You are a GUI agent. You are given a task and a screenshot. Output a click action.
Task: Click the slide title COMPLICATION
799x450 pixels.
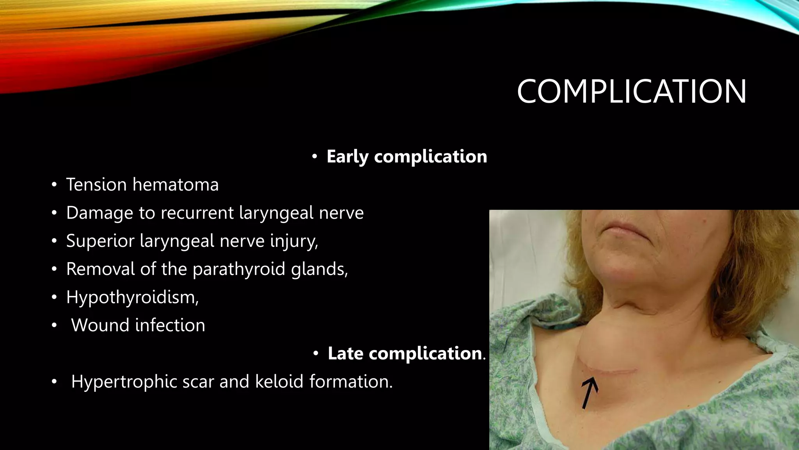[631, 91]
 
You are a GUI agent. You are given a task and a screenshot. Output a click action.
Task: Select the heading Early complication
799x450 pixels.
[407, 157]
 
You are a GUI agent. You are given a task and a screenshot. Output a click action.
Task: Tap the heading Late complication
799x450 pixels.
[405, 354]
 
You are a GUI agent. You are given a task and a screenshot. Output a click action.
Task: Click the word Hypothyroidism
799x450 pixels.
[132, 298]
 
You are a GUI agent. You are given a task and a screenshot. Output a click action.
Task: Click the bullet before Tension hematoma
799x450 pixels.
[54, 185]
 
